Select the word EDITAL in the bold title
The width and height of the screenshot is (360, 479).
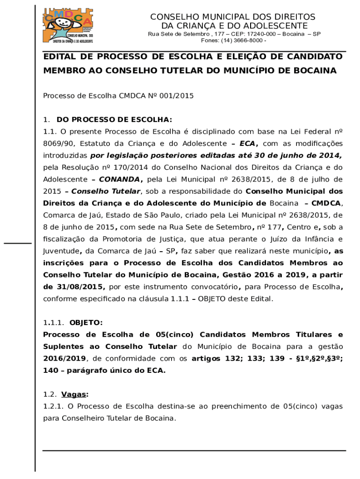point(61,57)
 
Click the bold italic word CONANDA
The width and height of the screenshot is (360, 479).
point(119,179)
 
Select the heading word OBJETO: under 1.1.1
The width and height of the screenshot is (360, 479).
point(86,323)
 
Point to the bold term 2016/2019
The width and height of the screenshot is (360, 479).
point(65,359)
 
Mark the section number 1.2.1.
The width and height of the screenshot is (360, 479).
point(53,406)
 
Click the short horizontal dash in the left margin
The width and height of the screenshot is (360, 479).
point(18,243)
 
